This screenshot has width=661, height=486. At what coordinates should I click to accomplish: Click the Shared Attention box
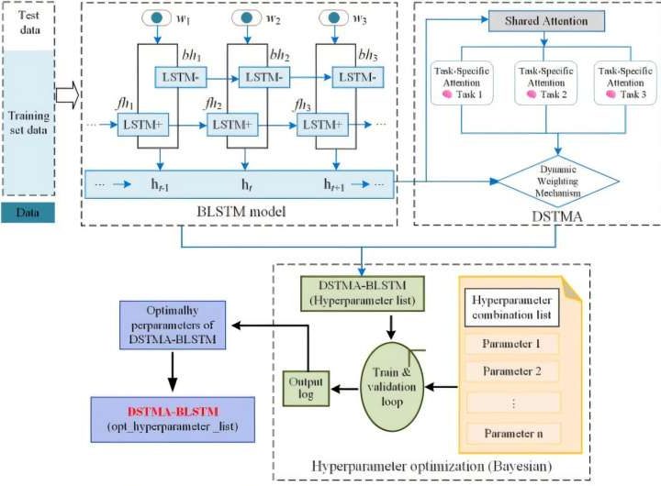(x=546, y=20)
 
